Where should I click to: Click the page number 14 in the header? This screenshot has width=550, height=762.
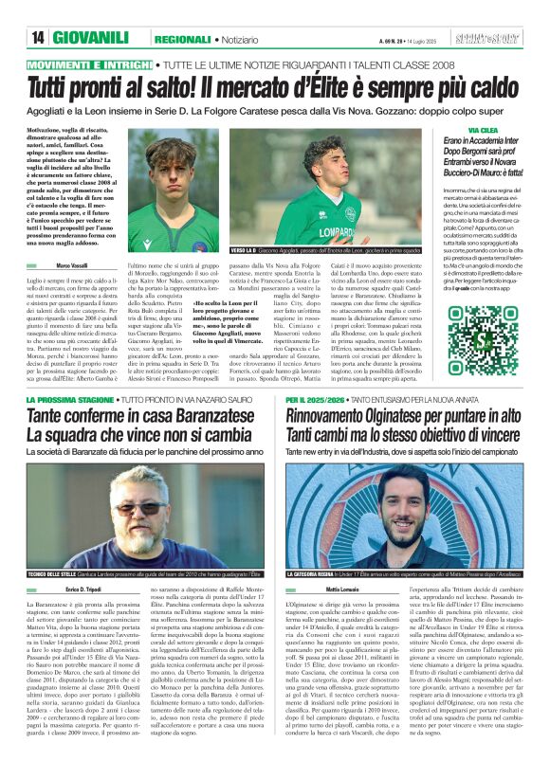pyautogui.click(x=38, y=39)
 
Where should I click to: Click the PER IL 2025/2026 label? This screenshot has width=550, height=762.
pyautogui.click(x=315, y=401)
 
